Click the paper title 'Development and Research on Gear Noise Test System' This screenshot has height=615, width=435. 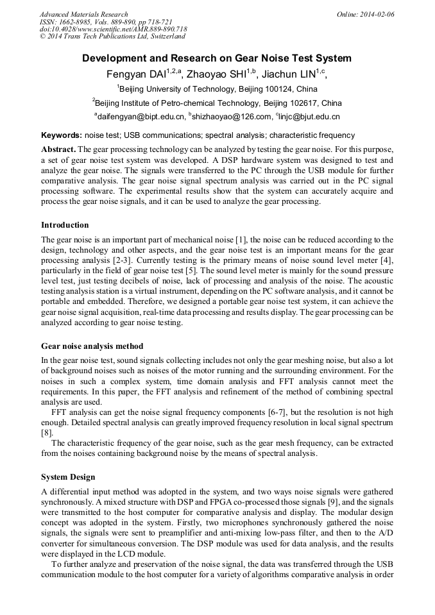coord(217,58)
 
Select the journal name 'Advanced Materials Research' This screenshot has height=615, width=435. coord(83,14)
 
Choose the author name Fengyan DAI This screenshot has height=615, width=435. coord(137,74)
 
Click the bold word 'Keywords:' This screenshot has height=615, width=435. coord(62,135)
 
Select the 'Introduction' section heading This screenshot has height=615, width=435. coord(65,225)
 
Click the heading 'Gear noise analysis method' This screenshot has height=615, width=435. coord(92,346)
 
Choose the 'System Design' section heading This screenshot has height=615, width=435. coord(68,477)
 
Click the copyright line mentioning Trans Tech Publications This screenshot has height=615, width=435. coord(112,37)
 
